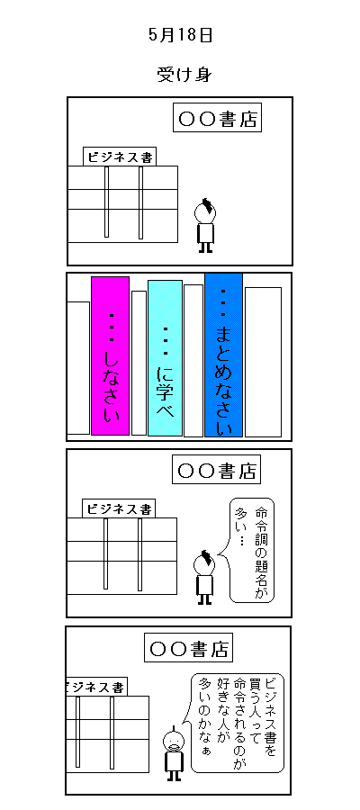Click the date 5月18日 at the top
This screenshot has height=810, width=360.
coord(180,35)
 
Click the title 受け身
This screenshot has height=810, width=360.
coord(184,75)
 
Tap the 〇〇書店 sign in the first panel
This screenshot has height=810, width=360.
coord(217,118)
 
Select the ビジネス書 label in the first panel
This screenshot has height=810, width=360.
coord(120,157)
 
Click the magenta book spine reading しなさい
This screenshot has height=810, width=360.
coord(110,355)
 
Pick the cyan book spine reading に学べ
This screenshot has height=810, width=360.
coord(166,358)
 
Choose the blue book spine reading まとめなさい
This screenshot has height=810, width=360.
coord(223,355)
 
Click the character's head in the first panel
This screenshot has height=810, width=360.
coord(205,211)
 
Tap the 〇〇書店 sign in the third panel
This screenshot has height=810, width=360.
coord(216,470)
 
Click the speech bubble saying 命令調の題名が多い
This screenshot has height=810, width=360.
coord(251,550)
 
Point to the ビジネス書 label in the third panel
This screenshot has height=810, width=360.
coord(120,508)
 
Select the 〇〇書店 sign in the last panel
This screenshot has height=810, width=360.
coord(188,648)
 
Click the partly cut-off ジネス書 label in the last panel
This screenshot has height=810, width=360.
coord(96,687)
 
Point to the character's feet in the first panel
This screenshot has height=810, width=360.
coord(205,247)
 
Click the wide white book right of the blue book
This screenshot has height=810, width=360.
coord(263,362)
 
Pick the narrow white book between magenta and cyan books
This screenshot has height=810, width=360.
coord(139,363)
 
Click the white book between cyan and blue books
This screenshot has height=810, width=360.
coord(193,361)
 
